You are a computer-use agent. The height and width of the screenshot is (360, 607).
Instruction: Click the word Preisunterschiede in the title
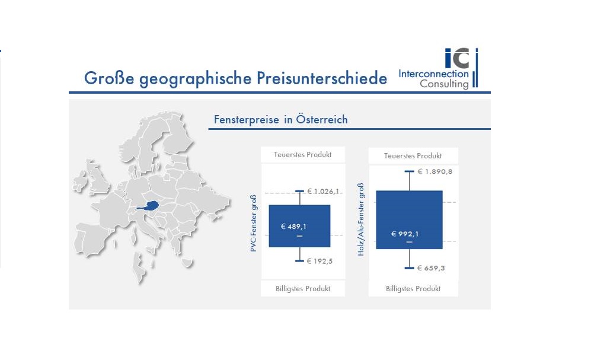pyautogui.click(x=322, y=78)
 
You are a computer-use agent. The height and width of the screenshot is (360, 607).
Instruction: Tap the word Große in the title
pyautogui.click(x=109, y=78)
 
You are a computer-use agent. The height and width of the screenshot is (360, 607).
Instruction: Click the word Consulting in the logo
pyautogui.click(x=444, y=84)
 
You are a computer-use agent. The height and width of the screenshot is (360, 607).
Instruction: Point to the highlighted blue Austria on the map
pyautogui.click(x=149, y=206)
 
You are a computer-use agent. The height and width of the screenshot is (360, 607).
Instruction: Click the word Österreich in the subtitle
pyautogui.click(x=322, y=119)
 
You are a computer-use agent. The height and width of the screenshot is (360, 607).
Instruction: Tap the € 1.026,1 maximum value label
pyautogui.click(x=323, y=192)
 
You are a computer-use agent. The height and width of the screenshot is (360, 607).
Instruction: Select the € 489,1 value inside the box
pyautogui.click(x=293, y=227)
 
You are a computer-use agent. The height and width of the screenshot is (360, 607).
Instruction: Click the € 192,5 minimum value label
pyautogui.click(x=320, y=261)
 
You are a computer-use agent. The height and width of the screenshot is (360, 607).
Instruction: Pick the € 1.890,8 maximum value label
pyautogui.click(x=435, y=171)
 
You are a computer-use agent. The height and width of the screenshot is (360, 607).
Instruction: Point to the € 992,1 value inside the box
pyautogui.click(x=405, y=234)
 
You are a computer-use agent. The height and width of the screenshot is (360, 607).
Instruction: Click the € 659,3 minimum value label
pyautogui.click(x=431, y=268)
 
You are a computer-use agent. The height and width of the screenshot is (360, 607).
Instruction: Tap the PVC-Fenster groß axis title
pyautogui.click(x=254, y=223)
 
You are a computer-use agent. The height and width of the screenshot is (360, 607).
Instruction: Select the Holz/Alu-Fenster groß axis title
pyautogui.click(x=361, y=219)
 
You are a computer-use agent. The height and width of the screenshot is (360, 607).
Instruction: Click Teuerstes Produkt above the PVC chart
pyautogui.click(x=303, y=155)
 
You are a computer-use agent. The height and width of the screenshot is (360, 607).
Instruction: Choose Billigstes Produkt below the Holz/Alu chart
pyautogui.click(x=413, y=289)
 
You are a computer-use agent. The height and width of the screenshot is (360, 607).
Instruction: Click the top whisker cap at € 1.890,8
pyautogui.click(x=409, y=171)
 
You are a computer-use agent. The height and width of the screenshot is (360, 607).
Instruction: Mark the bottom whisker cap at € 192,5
pyautogui.click(x=299, y=261)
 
